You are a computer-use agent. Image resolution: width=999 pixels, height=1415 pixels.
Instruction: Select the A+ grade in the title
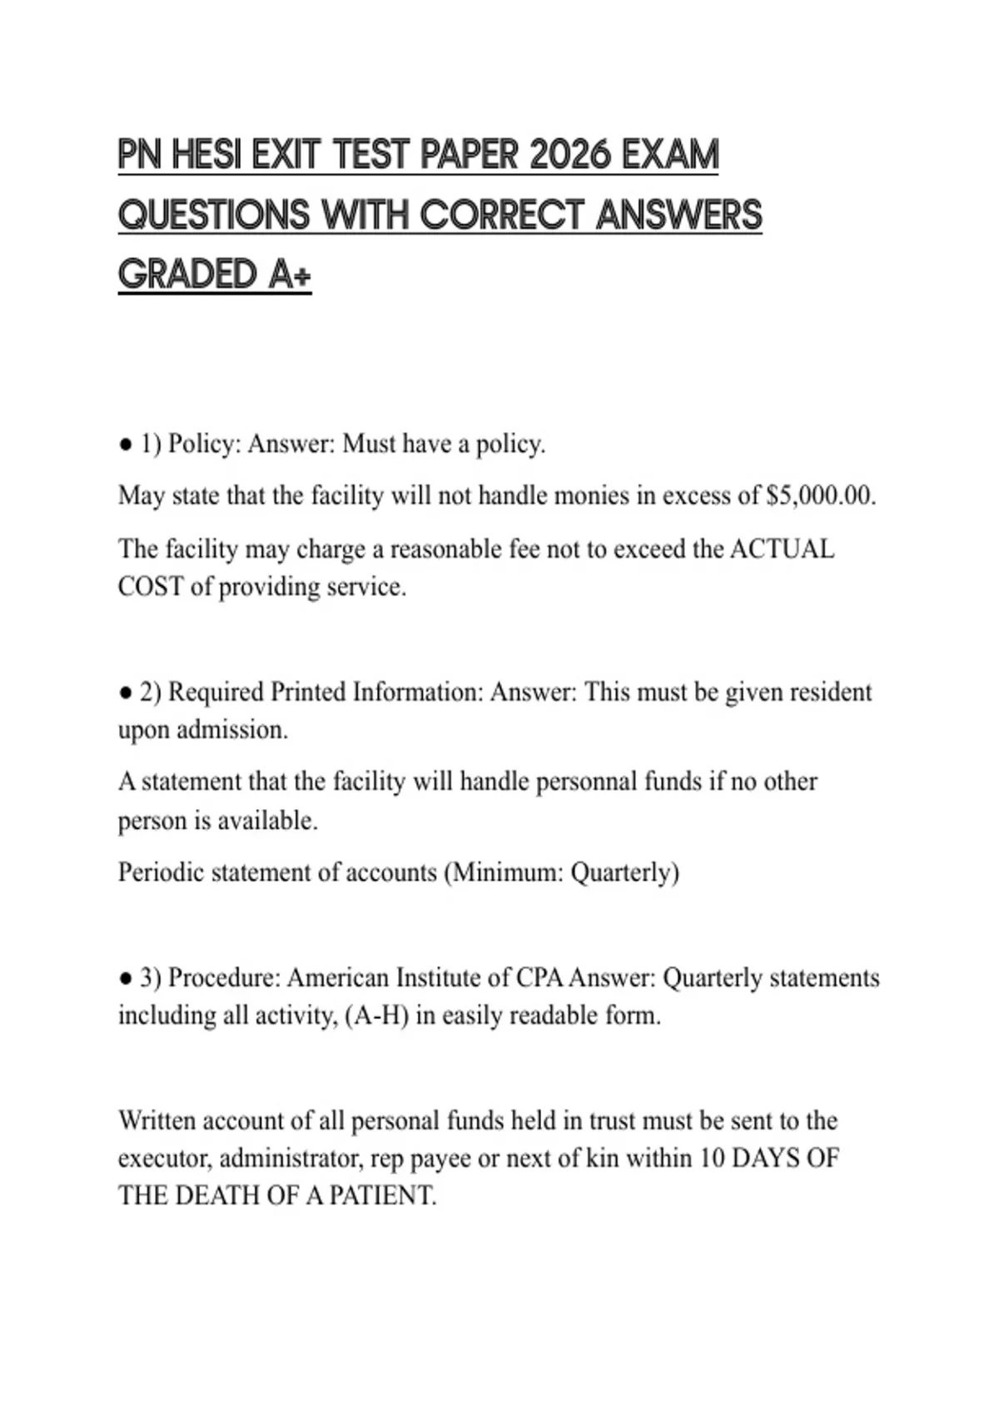[x=290, y=275]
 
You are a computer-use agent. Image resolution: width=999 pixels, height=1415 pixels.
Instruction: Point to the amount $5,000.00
[x=820, y=496]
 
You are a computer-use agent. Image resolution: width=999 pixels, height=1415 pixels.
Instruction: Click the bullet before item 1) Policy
[x=126, y=445]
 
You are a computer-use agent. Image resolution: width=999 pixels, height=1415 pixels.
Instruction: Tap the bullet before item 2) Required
[x=126, y=693]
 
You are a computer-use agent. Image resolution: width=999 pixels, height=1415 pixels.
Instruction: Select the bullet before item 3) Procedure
[x=126, y=979]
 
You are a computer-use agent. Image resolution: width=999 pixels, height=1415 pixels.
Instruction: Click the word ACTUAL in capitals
[x=782, y=549]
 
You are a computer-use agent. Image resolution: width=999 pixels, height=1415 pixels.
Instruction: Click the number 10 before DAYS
[x=712, y=1158]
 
